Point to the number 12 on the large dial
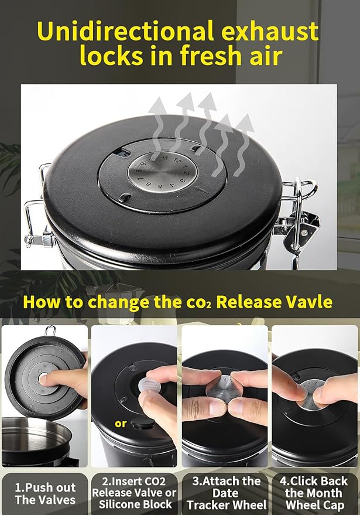pyautogui.click(x=177, y=161)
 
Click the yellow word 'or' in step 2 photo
pyautogui.click(x=121, y=424)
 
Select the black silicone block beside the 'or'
pyautogui.click(x=143, y=422)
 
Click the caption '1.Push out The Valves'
pyautogui.click(x=45, y=493)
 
